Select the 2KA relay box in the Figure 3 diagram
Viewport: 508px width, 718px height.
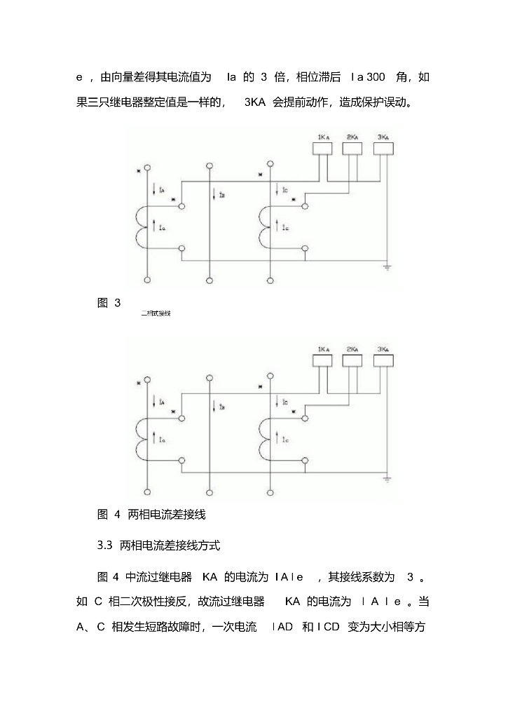point(352,147)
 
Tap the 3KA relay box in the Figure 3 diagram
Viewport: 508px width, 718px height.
point(383,147)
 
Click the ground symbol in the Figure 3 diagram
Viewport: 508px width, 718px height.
point(386,267)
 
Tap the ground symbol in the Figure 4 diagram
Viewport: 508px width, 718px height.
point(386,480)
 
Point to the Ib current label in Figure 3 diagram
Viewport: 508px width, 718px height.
point(221,195)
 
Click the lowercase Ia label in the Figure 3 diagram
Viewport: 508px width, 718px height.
point(162,228)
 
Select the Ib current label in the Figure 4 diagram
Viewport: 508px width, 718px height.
point(221,407)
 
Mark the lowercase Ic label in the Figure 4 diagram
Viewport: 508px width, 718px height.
point(285,440)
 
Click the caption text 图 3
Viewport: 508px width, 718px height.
point(109,303)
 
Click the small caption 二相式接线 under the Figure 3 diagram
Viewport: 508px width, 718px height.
point(156,314)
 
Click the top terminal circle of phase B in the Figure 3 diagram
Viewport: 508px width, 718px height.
point(210,166)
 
